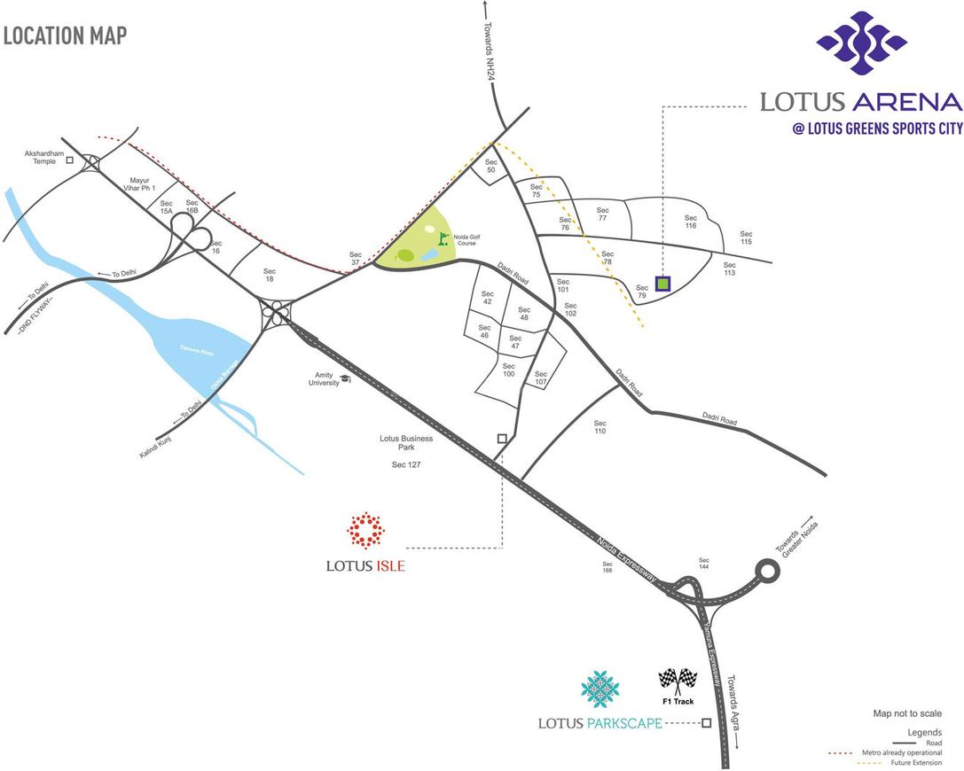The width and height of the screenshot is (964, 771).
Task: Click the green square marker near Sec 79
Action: pyautogui.click(x=662, y=284)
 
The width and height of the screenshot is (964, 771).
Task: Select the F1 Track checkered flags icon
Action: pyautogui.click(x=677, y=681)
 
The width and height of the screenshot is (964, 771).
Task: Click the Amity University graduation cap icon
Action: pyautogui.click(x=345, y=378)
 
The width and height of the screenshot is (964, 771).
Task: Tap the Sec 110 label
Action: pyautogui.click(x=600, y=427)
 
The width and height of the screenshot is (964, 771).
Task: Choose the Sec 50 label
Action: pyautogui.click(x=491, y=167)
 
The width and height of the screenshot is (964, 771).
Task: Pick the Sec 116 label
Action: pyautogui.click(x=691, y=221)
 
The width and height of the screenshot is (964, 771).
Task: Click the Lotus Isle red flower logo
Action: pyautogui.click(x=364, y=531)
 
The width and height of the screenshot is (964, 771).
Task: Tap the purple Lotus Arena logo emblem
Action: pyautogui.click(x=861, y=43)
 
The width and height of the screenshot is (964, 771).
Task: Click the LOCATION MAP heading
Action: pyautogui.click(x=65, y=35)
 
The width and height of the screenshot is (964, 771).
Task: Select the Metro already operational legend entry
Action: pyautogui.click(x=900, y=752)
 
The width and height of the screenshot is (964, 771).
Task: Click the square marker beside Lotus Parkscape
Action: pyautogui.click(x=706, y=723)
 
